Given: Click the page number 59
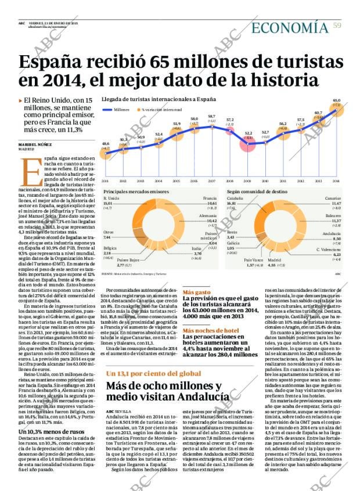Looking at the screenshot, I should click(336, 24).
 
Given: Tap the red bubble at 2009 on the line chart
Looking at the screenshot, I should click(248, 143).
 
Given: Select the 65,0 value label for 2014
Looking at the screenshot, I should click(336, 100).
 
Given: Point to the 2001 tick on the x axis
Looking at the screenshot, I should click(105, 181).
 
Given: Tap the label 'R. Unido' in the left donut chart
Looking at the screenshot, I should click(110, 198).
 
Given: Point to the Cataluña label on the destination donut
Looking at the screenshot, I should click(235, 198).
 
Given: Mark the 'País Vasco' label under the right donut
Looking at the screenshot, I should click(254, 260).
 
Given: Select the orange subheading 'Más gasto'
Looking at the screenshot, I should click(196, 293).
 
